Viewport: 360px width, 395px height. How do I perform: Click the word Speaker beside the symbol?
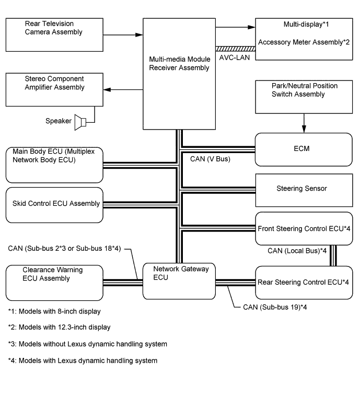pyautogui.click(x=58, y=121)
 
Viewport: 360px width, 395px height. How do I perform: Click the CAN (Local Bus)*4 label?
pyautogui.click(x=297, y=251)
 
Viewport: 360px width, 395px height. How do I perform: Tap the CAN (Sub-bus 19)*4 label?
pyautogui.click(x=270, y=307)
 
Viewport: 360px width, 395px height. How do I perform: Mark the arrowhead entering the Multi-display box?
pyautogui.click(x=252, y=25)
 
